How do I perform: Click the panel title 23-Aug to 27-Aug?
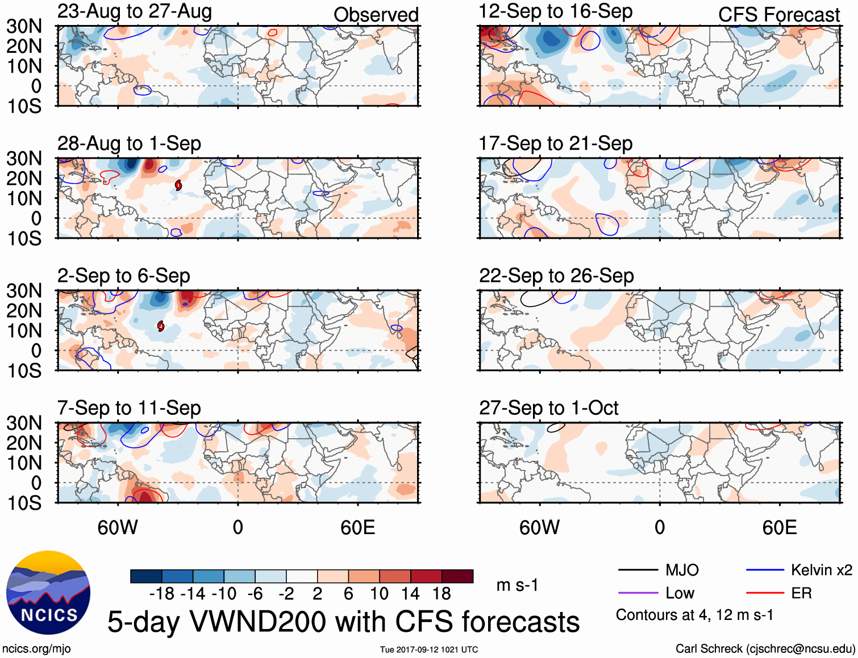tap(135, 11)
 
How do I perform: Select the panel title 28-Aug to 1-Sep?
tap(129, 144)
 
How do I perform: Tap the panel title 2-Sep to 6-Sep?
tap(123, 276)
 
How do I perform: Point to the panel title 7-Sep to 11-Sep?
tap(129, 408)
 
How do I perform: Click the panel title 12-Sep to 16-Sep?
tap(555, 11)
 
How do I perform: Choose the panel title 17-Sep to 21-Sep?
tap(555, 144)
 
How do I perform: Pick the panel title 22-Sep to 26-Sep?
tap(556, 276)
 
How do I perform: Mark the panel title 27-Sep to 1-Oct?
tap(548, 408)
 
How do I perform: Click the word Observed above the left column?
tap(376, 15)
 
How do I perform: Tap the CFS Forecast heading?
tap(778, 15)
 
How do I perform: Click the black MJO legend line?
tap(638, 570)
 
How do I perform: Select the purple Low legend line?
tap(638, 593)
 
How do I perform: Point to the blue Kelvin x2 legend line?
tap(765, 570)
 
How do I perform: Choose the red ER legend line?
tap(765, 593)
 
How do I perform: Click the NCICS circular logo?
tap(48, 593)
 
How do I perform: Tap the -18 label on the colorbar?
tap(162, 594)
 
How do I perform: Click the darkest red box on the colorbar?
tap(457, 576)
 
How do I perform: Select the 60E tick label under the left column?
tap(357, 528)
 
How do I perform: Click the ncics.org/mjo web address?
tap(36, 649)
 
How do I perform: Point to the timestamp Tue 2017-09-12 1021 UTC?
tap(429, 649)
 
